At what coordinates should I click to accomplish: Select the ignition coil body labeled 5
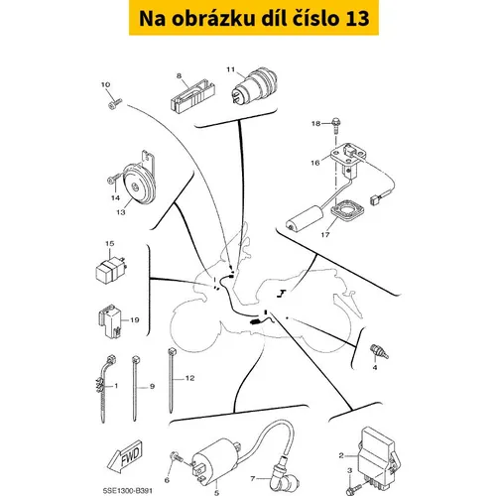[215, 460]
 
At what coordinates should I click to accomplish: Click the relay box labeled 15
[110, 270]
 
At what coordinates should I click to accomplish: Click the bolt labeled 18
[336, 125]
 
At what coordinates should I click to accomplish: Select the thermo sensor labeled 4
[379, 352]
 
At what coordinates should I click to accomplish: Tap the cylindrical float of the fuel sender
[305, 218]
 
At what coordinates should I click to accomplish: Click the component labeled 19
[110, 320]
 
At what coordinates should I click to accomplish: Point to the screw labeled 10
[115, 103]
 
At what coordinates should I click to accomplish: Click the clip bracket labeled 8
[192, 95]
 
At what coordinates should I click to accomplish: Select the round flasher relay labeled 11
[254, 85]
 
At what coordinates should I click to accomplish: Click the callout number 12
[189, 378]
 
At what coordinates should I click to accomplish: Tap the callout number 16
[315, 163]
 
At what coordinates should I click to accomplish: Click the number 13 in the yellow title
[357, 18]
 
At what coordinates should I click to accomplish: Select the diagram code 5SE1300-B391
[128, 491]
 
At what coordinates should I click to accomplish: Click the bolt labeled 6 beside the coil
[177, 457]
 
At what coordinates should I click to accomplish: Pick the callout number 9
[152, 386]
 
